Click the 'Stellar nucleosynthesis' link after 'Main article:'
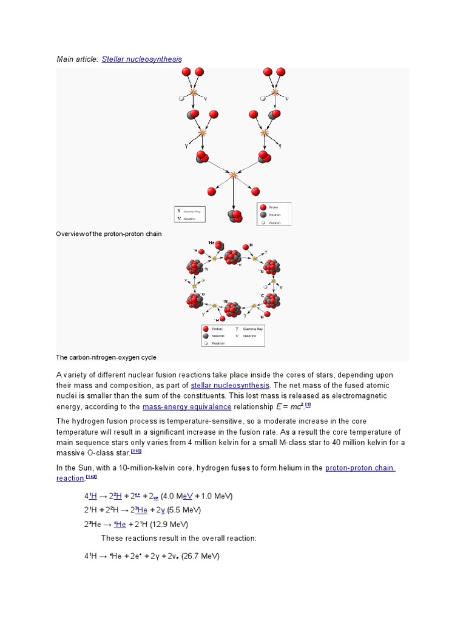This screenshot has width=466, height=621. click(141, 59)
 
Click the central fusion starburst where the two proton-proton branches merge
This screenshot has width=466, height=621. click(234, 175)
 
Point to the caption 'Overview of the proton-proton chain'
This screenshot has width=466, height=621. click(109, 233)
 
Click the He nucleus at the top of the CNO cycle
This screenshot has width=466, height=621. click(219, 246)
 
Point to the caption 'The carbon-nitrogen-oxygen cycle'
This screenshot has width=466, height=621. click(106, 357)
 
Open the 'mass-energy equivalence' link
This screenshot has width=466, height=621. click(187, 406)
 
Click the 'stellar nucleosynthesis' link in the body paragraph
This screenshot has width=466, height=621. click(230, 385)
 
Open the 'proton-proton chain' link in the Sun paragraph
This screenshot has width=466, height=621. click(360, 468)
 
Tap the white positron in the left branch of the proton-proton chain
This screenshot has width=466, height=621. click(181, 98)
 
